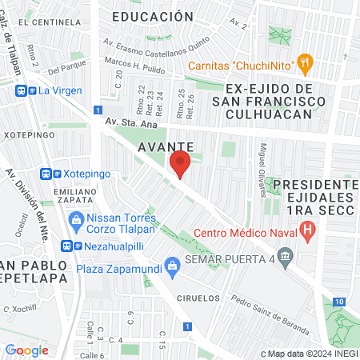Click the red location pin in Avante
[x=180, y=164]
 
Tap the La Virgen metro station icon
[x=22, y=91]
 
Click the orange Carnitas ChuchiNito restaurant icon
[x=303, y=62]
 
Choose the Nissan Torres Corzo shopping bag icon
[x=76, y=218]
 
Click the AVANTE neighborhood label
[x=168, y=147]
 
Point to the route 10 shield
[x=340, y=301]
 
